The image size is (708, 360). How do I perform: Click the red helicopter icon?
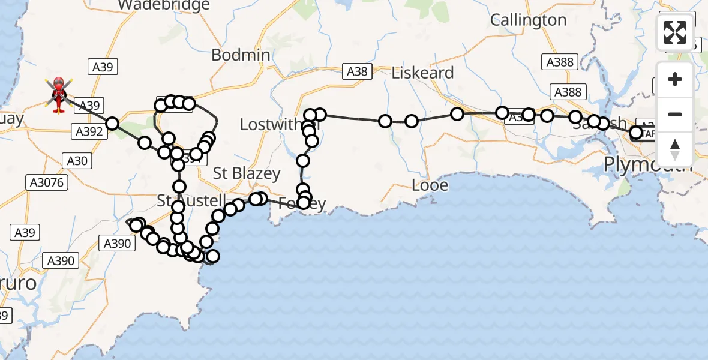click(x=59, y=95)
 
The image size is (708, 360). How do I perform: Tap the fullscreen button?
click(x=675, y=32)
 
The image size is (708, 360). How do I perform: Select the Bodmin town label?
click(x=241, y=55)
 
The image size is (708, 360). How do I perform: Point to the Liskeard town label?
click(x=422, y=73)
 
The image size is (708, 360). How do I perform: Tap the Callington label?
click(x=528, y=20)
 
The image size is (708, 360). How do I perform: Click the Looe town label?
click(x=430, y=185)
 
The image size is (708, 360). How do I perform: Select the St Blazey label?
click(x=247, y=173)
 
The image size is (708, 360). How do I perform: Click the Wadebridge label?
click(x=164, y=5)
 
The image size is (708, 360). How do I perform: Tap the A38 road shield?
click(x=357, y=72)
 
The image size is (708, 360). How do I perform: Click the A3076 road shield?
click(x=46, y=182)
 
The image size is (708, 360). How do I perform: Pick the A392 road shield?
click(x=88, y=131)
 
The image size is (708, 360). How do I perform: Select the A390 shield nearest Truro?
click(x=61, y=260)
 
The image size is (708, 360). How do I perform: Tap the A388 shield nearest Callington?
click(x=560, y=62)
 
